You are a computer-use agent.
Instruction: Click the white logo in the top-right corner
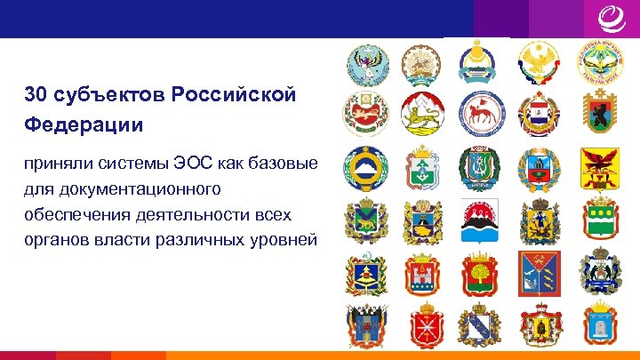[x=606, y=19]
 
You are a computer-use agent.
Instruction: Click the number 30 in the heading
[x=36, y=95]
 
